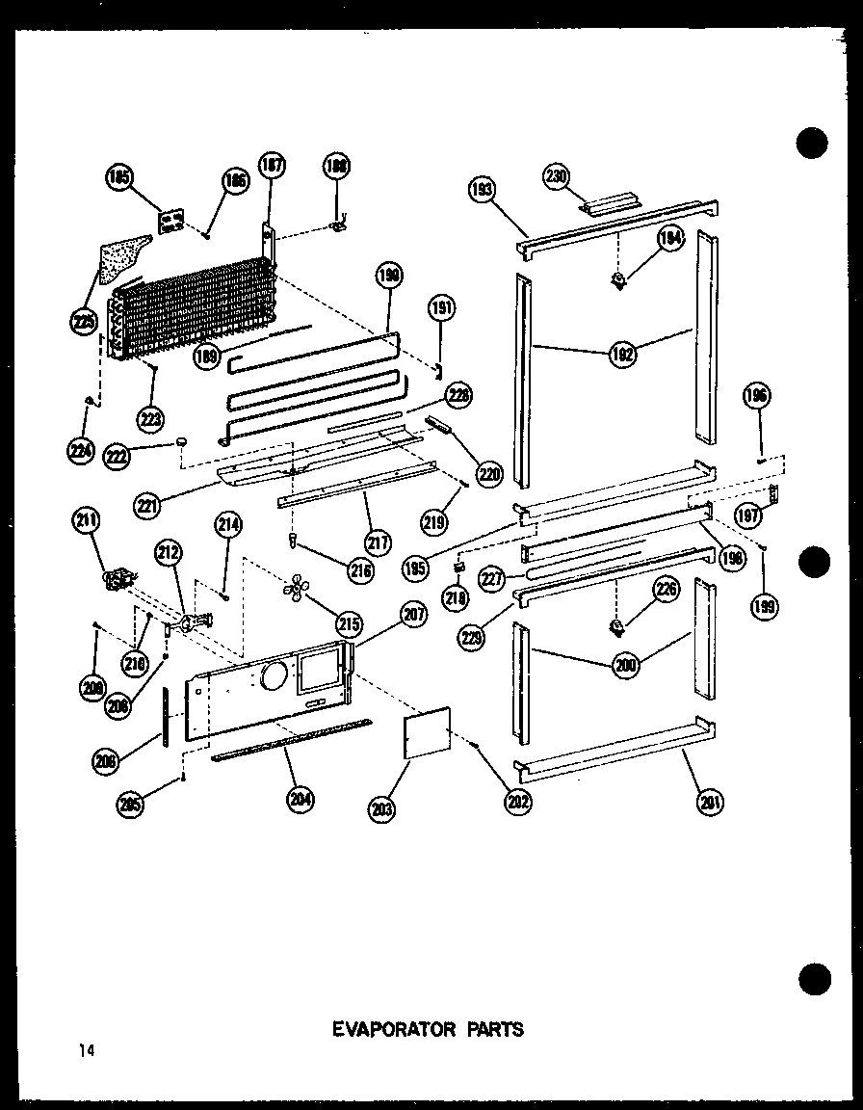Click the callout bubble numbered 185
pyautogui.click(x=120, y=177)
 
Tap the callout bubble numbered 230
pyautogui.click(x=557, y=175)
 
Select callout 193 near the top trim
pyautogui.click(x=482, y=190)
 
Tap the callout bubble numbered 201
pyautogui.click(x=714, y=801)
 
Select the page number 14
pyautogui.click(x=87, y=1050)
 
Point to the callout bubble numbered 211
pyautogui.click(x=86, y=523)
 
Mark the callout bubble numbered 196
pyautogui.click(x=756, y=397)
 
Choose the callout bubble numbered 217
pyautogui.click(x=379, y=542)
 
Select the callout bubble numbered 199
pyautogui.click(x=768, y=605)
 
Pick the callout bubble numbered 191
pyautogui.click(x=442, y=310)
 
